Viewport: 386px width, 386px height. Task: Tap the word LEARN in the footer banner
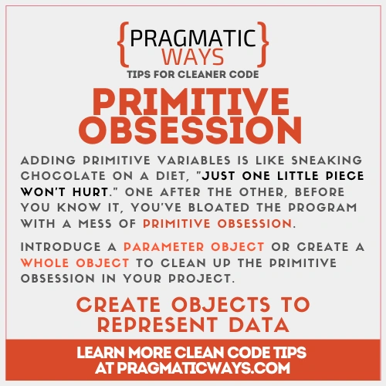(104, 353)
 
